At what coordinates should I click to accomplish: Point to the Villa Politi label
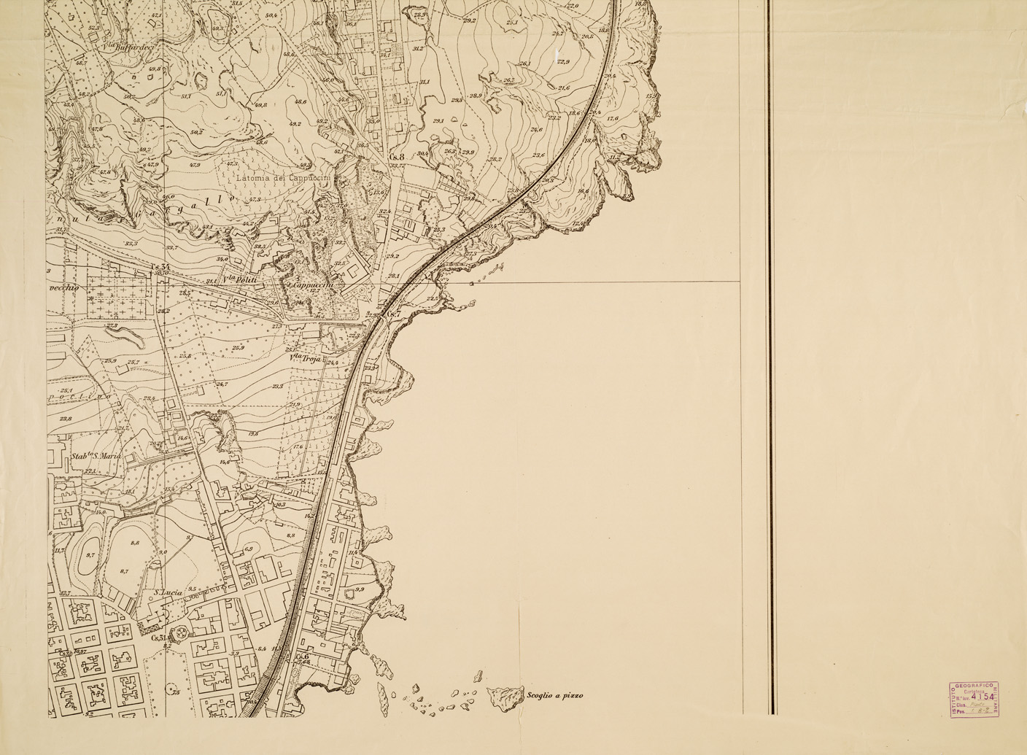pos(241,278)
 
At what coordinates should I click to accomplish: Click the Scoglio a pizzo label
pos(554,696)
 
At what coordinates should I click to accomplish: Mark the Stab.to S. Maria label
pos(95,456)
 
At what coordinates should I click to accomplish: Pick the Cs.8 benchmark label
pos(397,156)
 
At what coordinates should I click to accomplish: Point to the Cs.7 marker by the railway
pos(394,314)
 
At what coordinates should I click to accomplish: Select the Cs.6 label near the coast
pos(303,656)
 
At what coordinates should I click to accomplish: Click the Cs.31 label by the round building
pos(160,637)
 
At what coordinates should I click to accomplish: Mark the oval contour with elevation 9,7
pos(90,554)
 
